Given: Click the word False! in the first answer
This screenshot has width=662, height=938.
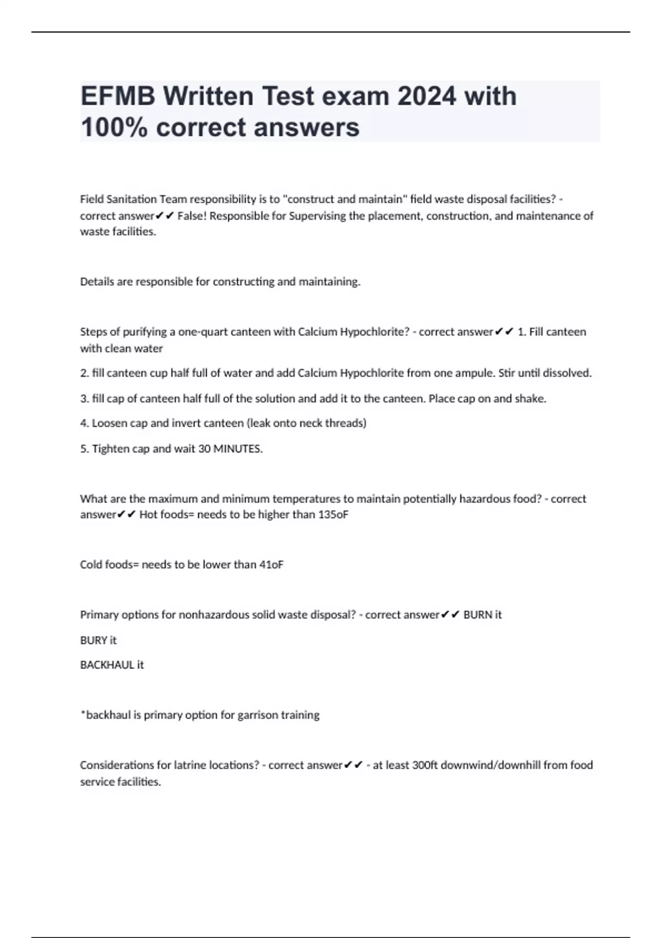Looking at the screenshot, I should pos(192,216).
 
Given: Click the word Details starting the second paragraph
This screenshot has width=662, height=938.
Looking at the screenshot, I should pos(97,281).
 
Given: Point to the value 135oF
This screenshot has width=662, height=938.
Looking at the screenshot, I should pos(334,514).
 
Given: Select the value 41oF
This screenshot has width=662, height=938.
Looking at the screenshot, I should pos(271,564).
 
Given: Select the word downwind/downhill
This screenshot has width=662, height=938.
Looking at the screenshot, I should pos(490,765).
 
